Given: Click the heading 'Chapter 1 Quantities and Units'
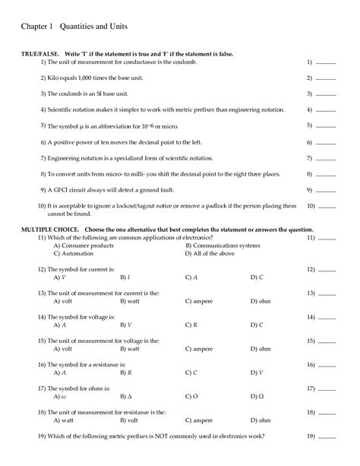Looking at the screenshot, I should point(74,27).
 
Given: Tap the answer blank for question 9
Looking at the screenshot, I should point(326,190).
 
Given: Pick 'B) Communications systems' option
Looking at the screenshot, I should point(222,246).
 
